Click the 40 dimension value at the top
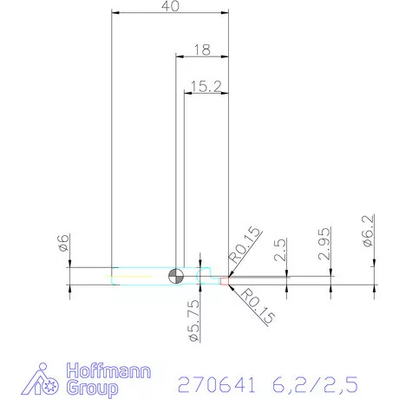171,7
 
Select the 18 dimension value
201,49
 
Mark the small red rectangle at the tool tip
224,280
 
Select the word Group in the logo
92,389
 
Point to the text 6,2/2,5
312,383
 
